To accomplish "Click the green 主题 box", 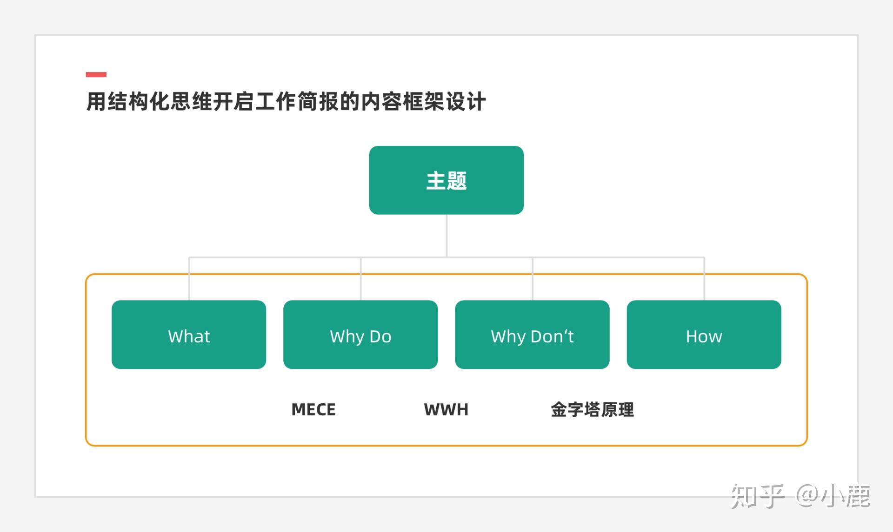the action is click(x=446, y=180).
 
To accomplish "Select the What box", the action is click(x=189, y=335).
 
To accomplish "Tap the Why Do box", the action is click(x=360, y=335).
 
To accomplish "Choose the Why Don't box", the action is click(x=532, y=335).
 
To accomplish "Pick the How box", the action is click(x=704, y=335).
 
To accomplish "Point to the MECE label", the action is click(x=313, y=409).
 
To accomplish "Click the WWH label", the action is click(x=446, y=409).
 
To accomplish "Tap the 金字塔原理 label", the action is click(x=592, y=409).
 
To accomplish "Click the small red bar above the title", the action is click(x=96, y=74).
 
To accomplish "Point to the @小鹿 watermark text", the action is click(x=833, y=496).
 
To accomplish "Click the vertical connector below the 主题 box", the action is click(x=446, y=236).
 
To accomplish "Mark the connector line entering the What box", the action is click(x=189, y=279).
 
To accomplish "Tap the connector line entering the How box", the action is click(x=704, y=279).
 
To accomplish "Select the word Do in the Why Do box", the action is click(x=380, y=336).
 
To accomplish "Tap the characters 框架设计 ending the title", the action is click(x=444, y=101).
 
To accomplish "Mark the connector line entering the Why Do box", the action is click(x=360, y=279).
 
